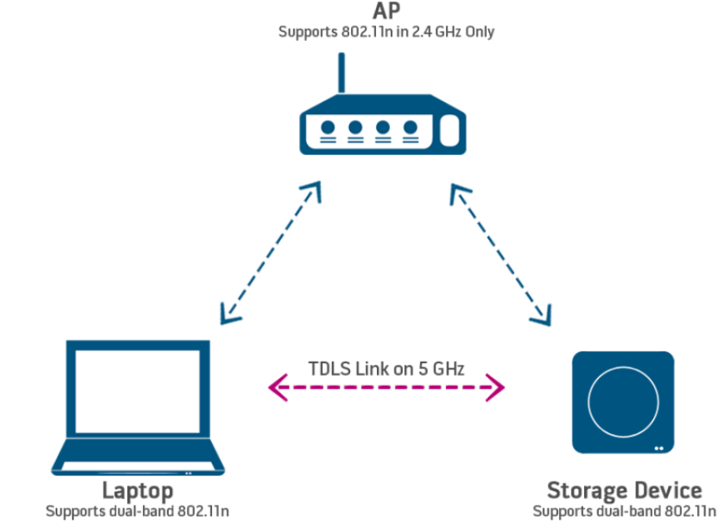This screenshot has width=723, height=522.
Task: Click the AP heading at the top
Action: click(x=385, y=12)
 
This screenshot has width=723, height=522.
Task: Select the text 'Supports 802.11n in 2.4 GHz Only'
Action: click(x=385, y=33)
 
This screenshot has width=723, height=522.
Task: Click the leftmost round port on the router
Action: click(x=328, y=127)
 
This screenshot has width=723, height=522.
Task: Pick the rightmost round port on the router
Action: click(x=410, y=127)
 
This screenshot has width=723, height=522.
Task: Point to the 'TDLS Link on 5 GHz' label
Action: click(x=386, y=368)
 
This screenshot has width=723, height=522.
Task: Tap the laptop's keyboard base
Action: click(x=137, y=465)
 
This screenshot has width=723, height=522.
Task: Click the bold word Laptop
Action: click(x=137, y=491)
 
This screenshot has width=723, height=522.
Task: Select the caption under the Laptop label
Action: click(x=137, y=511)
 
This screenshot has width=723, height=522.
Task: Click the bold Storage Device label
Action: click(x=624, y=491)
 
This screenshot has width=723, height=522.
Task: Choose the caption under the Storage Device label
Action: click(x=626, y=511)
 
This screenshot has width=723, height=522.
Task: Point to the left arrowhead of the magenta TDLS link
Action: click(x=277, y=387)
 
